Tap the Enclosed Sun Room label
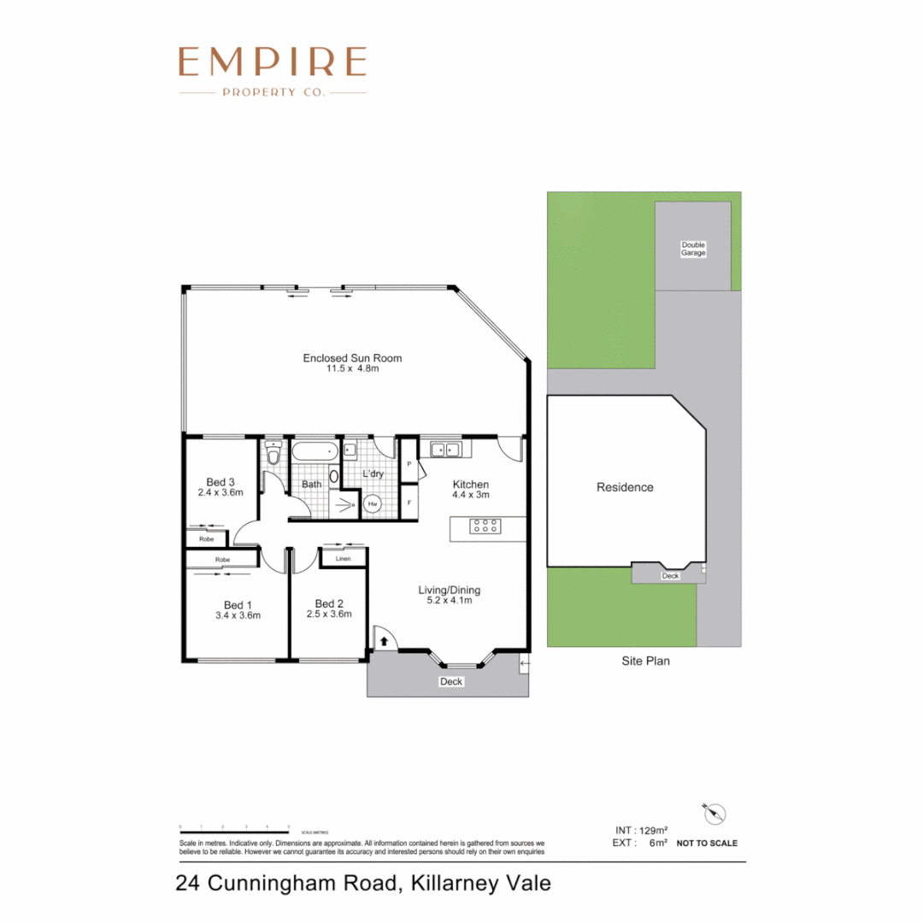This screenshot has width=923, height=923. [352, 358]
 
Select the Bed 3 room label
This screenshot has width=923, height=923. [220, 481]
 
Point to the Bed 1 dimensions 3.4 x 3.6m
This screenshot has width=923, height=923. [238, 614]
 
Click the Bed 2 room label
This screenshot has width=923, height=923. [328, 602]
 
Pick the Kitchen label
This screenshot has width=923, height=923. [470, 484]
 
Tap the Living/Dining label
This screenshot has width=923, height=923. [449, 590]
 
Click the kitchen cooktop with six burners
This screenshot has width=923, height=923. [485, 527]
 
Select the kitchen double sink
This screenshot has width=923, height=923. [445, 449]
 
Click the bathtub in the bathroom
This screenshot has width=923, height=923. [316, 452]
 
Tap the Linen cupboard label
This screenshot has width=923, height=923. [343, 558]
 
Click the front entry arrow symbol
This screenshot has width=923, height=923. [384, 639]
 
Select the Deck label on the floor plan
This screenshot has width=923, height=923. [450, 681]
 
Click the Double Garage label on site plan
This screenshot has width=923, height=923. [693, 249]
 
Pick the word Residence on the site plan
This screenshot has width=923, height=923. [625, 487]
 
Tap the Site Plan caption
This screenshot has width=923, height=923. [644, 661]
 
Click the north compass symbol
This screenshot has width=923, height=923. [714, 813]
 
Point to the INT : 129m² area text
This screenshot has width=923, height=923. [641, 830]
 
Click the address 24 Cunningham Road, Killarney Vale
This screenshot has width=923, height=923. [363, 882]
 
